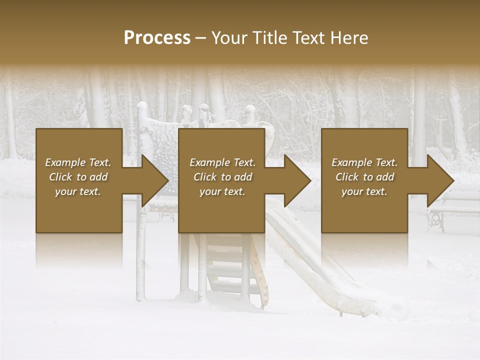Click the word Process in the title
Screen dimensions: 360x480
(x=157, y=38)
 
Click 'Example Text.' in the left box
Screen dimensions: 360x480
(x=78, y=162)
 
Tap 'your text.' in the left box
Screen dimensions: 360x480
(x=78, y=191)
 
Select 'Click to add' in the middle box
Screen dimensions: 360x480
(x=222, y=177)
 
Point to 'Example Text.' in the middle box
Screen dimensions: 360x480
(x=222, y=162)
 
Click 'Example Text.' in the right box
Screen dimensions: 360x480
(x=364, y=162)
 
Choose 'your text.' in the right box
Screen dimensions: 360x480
(x=364, y=191)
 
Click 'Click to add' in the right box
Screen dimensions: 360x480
(x=364, y=177)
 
